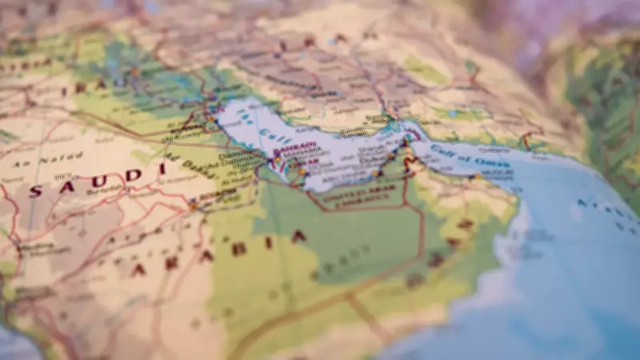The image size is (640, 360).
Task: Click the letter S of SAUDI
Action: point(35,190)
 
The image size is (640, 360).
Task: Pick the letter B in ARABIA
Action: point(238,248)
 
